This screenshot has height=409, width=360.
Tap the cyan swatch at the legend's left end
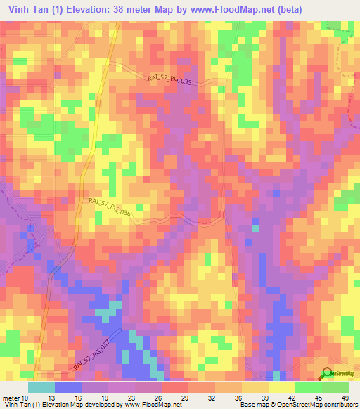pos(41,387)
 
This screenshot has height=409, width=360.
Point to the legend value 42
pos(292,397)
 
